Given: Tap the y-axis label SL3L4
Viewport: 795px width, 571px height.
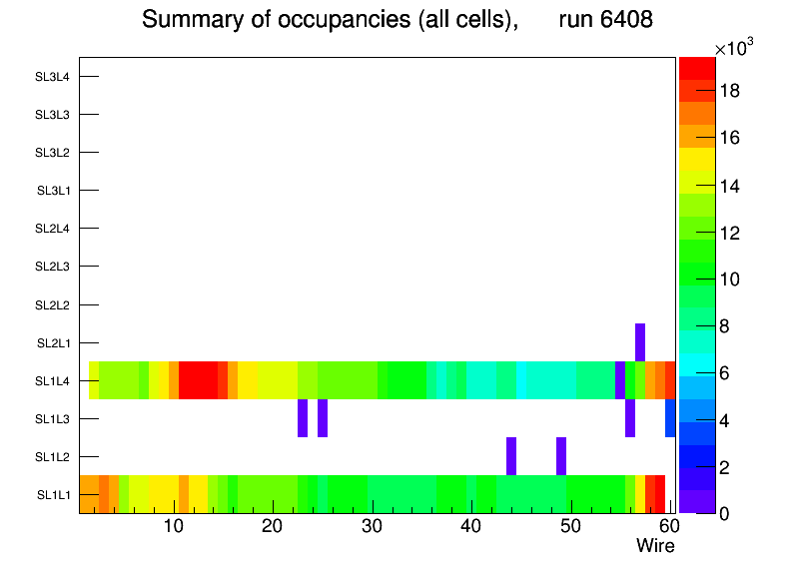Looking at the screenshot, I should point(53,77).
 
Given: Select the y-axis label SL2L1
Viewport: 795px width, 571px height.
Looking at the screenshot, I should point(53,343).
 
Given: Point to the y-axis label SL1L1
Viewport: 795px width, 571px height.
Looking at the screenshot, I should point(53,495).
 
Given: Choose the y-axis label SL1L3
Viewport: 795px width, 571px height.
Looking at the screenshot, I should point(53,419).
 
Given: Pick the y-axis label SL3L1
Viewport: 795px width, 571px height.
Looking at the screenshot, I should point(53,191).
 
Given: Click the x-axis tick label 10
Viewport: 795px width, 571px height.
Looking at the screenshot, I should point(173,527).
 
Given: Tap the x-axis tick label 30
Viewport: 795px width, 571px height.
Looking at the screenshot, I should point(372,527).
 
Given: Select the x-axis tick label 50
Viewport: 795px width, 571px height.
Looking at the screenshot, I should point(570,527).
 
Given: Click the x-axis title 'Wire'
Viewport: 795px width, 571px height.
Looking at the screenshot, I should point(655,546).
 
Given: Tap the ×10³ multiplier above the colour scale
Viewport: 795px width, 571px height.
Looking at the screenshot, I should point(739,49).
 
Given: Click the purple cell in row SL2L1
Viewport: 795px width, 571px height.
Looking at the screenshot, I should point(640,342).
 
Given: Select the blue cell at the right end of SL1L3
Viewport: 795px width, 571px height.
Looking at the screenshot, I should point(670,418).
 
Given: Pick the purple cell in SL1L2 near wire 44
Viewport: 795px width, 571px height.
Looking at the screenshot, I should point(511,456).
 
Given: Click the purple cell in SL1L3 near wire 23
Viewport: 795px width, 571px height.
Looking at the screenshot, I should point(303,418).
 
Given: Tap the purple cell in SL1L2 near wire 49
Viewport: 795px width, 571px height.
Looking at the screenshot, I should point(561,456).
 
